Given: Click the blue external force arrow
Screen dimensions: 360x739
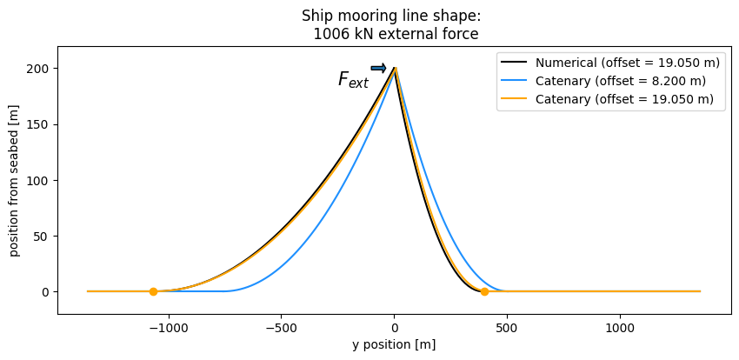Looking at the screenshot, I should pos(378,68).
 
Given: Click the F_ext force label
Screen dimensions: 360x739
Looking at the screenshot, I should pos(353,81).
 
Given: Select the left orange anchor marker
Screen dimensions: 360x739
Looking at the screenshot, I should pos(153,291).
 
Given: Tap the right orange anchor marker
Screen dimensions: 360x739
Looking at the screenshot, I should pos(484,291).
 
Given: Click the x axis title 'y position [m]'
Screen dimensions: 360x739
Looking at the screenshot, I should pos(394,344).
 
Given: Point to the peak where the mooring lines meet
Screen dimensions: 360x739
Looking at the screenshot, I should pos(395,67).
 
